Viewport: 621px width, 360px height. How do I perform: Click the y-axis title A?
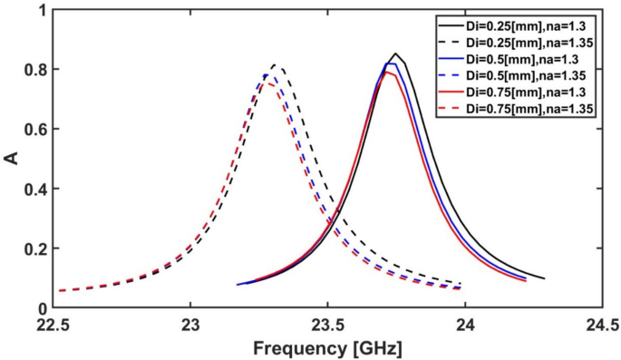(x=12, y=158)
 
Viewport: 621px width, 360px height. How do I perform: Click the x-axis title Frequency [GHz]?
(x=328, y=348)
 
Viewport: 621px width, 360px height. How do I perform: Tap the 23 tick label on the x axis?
(x=190, y=324)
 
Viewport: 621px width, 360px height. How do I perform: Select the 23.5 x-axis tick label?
(x=328, y=324)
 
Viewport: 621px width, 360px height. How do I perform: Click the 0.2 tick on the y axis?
(x=34, y=248)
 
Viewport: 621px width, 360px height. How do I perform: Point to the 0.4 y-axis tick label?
(x=34, y=189)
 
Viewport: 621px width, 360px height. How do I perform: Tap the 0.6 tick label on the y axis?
(x=34, y=129)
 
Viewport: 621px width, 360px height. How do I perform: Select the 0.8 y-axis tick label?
(x=34, y=70)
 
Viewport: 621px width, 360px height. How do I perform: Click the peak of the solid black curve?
(x=395, y=54)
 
